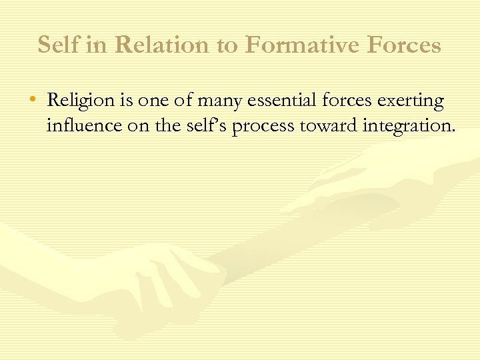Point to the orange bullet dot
pyautogui.click(x=34, y=101)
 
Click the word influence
pyautogui.click(x=82, y=125)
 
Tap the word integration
pyautogui.click(x=406, y=125)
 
